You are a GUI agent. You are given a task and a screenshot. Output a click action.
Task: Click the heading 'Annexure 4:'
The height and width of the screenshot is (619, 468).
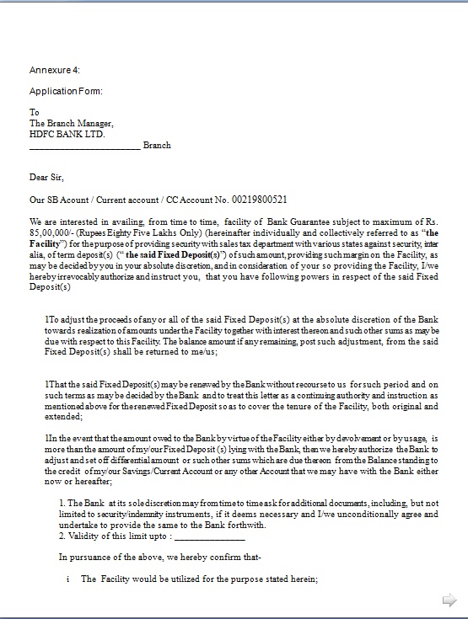(x=55, y=70)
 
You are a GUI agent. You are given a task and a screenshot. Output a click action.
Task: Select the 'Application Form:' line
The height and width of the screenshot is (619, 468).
(x=66, y=91)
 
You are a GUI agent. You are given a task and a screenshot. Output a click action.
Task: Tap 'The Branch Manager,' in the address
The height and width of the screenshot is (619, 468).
(x=72, y=123)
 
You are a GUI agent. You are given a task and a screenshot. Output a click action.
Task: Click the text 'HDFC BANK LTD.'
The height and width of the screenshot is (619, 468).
(x=67, y=134)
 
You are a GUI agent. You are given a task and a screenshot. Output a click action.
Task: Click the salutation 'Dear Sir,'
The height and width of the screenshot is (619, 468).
(x=46, y=178)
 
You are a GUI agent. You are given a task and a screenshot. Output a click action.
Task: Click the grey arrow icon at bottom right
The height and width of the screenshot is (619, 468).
(x=449, y=599)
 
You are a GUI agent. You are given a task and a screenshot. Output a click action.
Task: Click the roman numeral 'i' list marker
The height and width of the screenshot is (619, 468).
(x=67, y=579)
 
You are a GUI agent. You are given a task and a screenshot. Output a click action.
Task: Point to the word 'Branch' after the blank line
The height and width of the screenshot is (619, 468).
(x=157, y=145)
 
